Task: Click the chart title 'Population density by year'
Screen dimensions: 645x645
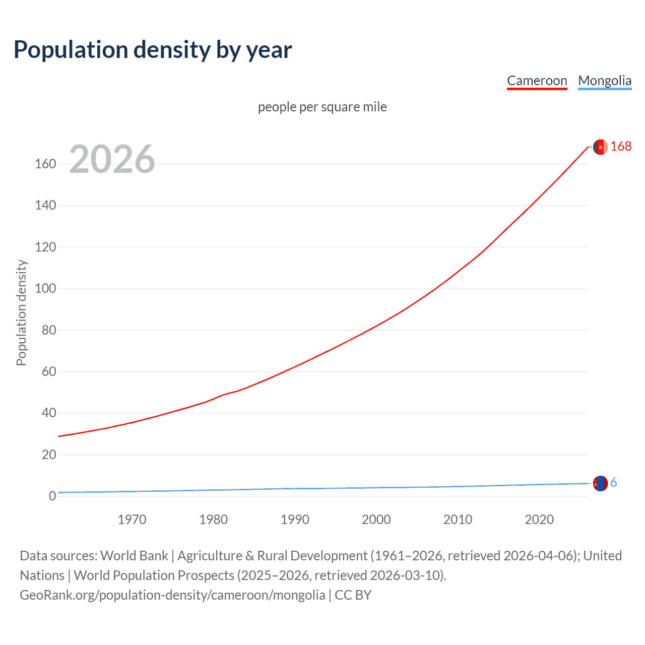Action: click(153, 49)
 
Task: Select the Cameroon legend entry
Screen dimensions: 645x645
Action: click(537, 81)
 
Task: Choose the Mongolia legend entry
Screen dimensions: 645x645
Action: click(604, 81)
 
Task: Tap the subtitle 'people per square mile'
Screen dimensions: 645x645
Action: click(322, 107)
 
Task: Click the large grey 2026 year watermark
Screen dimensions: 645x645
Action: click(112, 159)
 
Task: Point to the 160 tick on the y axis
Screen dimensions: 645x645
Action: click(45, 164)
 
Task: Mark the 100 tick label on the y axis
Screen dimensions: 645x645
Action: click(45, 289)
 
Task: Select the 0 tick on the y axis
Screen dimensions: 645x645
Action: click(52, 496)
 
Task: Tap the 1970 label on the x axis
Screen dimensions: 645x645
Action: click(132, 520)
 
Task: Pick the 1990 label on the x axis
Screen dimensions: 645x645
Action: click(295, 520)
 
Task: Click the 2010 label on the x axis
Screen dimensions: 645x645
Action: click(458, 520)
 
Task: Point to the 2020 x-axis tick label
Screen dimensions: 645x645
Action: click(539, 520)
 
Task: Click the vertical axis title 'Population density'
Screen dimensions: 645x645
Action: click(21, 312)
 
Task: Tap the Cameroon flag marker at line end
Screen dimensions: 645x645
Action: click(600, 147)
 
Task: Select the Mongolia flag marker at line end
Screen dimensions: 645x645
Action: click(600, 483)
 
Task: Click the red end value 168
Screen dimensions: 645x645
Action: click(621, 146)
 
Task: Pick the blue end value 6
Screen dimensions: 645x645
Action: click(613, 483)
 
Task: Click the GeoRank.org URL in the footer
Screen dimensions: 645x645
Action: click(172, 595)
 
